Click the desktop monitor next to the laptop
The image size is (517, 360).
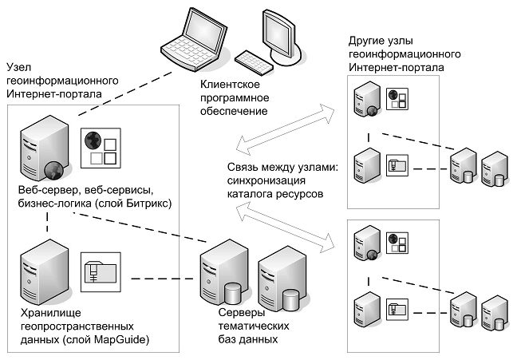tap(278, 32)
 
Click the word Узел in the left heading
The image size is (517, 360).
tap(19, 68)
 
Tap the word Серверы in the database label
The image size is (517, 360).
tap(239, 314)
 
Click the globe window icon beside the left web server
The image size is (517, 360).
tap(100, 148)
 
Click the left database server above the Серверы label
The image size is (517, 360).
tap(219, 275)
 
